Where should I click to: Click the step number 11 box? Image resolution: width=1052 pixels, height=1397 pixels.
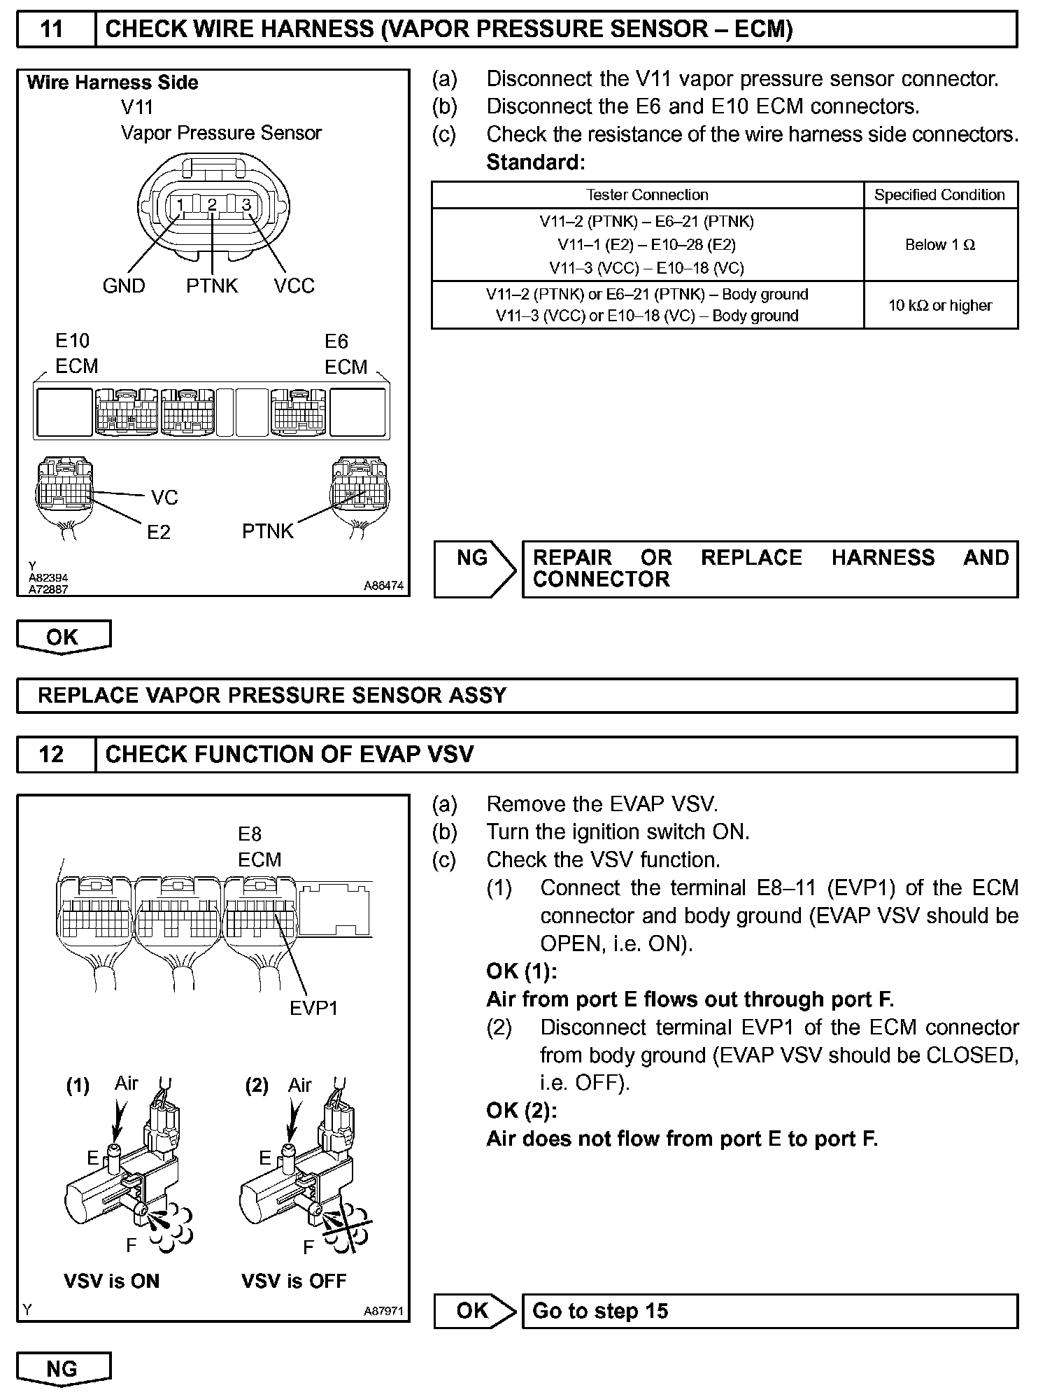55,29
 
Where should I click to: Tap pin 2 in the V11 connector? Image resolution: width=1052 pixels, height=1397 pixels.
213,205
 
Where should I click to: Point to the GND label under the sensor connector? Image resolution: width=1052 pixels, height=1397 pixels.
124,286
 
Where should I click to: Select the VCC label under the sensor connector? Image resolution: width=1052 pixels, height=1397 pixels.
294,286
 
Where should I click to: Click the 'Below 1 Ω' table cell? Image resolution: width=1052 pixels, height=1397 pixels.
940,245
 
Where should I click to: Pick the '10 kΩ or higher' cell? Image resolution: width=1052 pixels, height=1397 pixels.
940,305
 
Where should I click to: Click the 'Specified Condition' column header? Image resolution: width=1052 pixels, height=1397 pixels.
939,195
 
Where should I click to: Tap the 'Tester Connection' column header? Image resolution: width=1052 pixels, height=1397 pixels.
647,195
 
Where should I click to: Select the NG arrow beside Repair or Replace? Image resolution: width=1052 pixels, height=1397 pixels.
474,568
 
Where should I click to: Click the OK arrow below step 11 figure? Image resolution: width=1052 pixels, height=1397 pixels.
63,637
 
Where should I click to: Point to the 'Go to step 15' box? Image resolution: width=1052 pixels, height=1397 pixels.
769,1311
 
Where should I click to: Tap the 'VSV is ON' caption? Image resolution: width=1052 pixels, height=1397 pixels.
112,1281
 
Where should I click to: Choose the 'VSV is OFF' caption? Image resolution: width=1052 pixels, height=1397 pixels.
294,1281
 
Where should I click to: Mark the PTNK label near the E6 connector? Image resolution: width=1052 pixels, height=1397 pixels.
268,531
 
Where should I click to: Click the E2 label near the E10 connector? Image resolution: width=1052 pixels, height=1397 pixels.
159,533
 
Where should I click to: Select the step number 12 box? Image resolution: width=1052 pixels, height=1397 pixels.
55,754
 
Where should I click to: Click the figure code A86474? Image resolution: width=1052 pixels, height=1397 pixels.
383,586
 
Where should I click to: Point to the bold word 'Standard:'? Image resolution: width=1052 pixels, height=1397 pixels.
535,162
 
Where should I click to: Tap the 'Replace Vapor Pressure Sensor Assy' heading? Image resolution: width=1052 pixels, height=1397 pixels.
272,695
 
